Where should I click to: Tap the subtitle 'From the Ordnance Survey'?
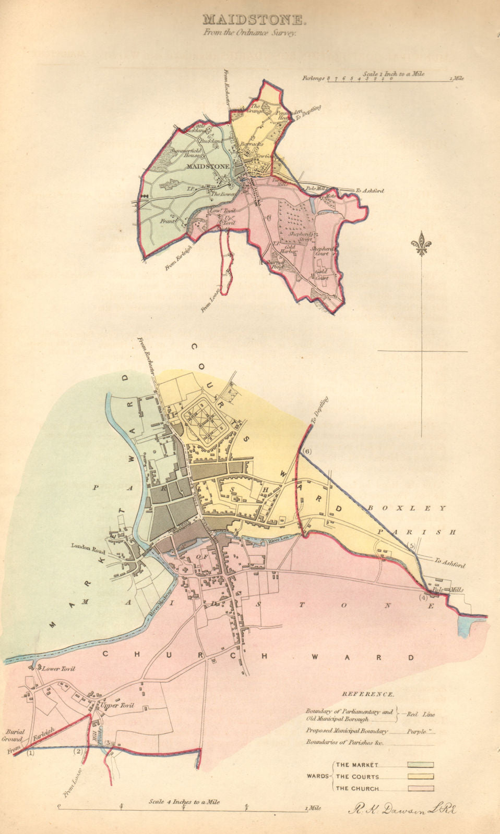click(x=250, y=32)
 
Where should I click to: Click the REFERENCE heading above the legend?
click(x=368, y=695)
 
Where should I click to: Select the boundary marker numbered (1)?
click(x=30, y=752)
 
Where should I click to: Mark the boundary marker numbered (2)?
click(x=78, y=751)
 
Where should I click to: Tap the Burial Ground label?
click(x=13, y=735)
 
